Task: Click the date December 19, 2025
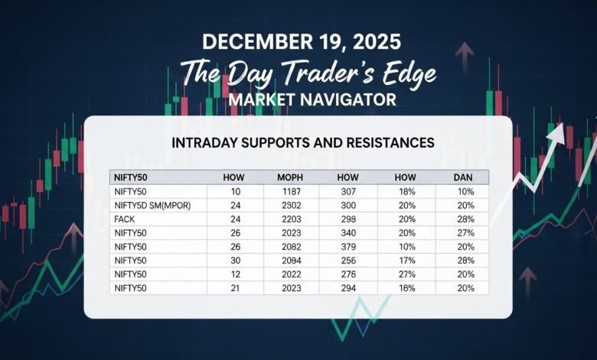click(298, 41)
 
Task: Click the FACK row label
click(124, 219)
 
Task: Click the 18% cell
click(406, 191)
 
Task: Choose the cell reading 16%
click(406, 288)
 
